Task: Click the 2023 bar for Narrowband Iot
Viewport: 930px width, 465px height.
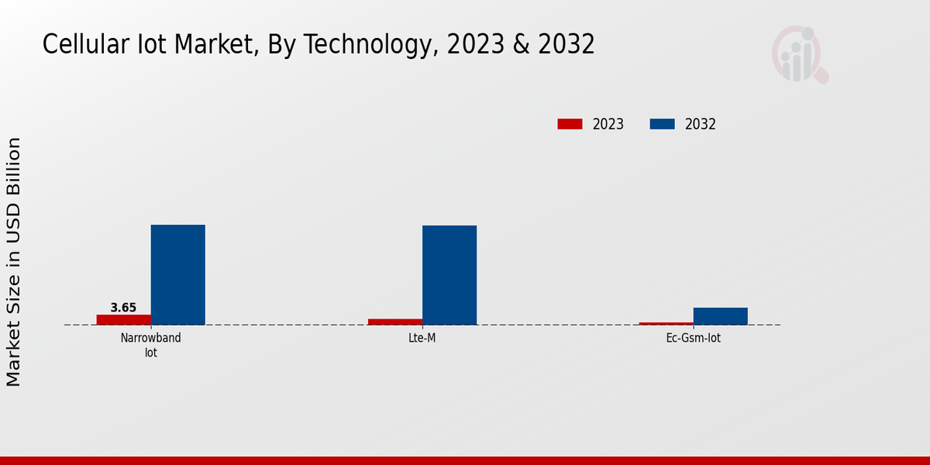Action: click(x=123, y=319)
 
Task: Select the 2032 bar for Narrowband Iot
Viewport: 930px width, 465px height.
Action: click(x=177, y=274)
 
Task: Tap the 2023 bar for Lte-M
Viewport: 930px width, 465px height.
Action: click(x=395, y=322)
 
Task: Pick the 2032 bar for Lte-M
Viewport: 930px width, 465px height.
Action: click(x=449, y=275)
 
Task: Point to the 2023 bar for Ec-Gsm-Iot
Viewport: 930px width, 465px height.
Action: click(x=666, y=323)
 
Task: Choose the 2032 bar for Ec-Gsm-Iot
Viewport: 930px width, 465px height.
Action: click(x=721, y=316)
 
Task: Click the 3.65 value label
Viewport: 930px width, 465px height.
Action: click(x=123, y=308)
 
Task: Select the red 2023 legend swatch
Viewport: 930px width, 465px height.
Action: click(x=570, y=124)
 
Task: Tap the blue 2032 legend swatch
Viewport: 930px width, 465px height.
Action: click(x=662, y=124)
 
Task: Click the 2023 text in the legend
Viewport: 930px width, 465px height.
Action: click(x=608, y=124)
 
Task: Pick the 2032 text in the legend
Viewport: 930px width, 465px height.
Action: click(x=701, y=124)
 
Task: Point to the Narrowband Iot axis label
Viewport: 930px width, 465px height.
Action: click(x=151, y=345)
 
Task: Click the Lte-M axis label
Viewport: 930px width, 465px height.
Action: click(x=422, y=339)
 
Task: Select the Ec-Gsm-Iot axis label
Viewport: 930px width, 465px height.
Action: click(x=694, y=339)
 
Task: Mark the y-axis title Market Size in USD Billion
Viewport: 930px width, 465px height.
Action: click(x=14, y=262)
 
